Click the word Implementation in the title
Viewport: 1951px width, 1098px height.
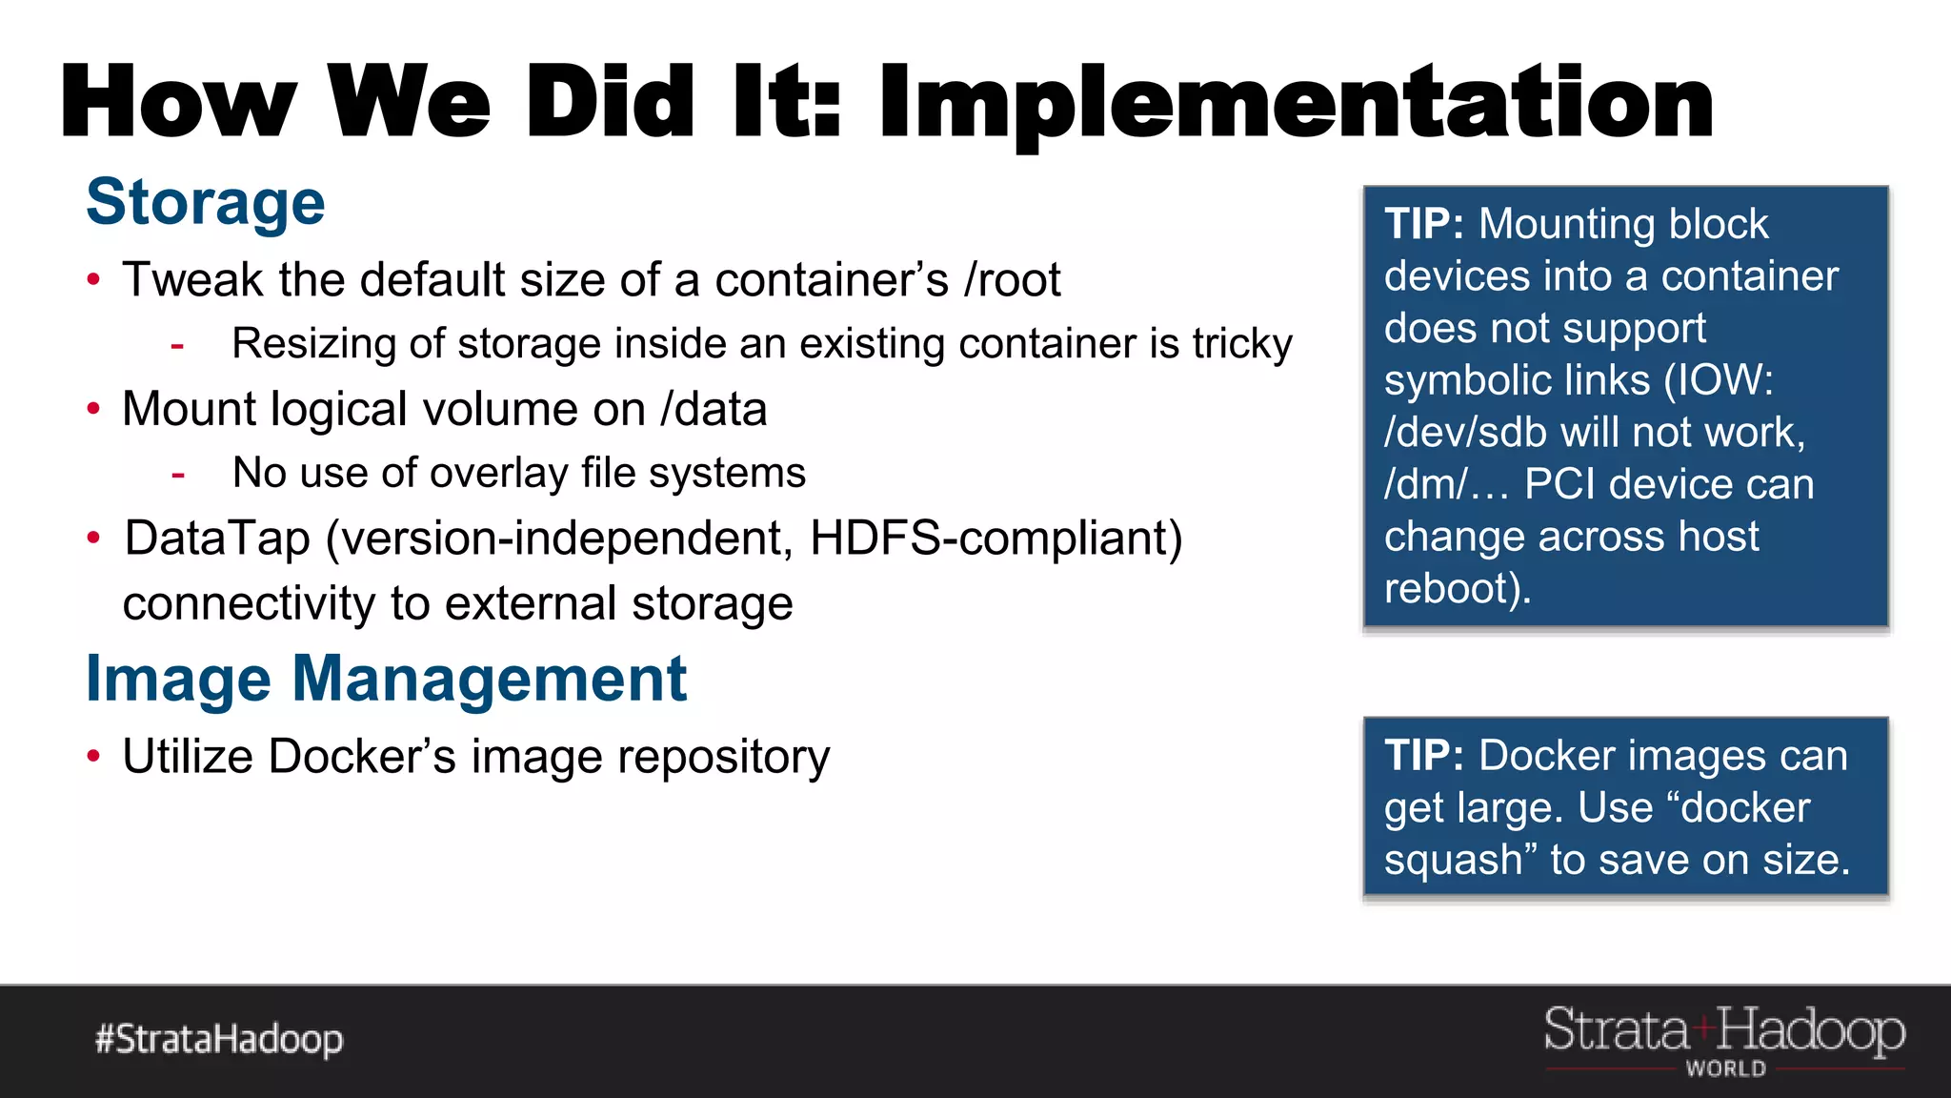pyautogui.click(x=1296, y=103)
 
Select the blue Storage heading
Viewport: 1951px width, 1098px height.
pyautogui.click(x=206, y=202)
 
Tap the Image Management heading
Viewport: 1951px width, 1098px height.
pyautogui.click(x=386, y=680)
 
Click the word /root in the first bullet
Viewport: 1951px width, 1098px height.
pyautogui.click(x=1012, y=280)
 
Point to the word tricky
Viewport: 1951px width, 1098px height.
pyautogui.click(x=1242, y=344)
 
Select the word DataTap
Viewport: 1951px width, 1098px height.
pyautogui.click(x=217, y=539)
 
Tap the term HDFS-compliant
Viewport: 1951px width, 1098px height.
pyautogui.click(x=995, y=539)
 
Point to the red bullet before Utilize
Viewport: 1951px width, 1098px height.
pyautogui.click(x=93, y=757)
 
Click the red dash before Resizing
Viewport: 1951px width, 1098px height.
pyautogui.click(x=177, y=345)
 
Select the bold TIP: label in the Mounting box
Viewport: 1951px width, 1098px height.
pyautogui.click(x=1423, y=225)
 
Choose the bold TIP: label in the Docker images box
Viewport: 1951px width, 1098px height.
pyautogui.click(x=1423, y=756)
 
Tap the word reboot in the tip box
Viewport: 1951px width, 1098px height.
pyautogui.click(x=1450, y=589)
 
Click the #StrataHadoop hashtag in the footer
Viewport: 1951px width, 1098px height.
pyautogui.click(x=219, y=1039)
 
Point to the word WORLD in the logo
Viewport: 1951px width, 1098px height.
pyautogui.click(x=1725, y=1069)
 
